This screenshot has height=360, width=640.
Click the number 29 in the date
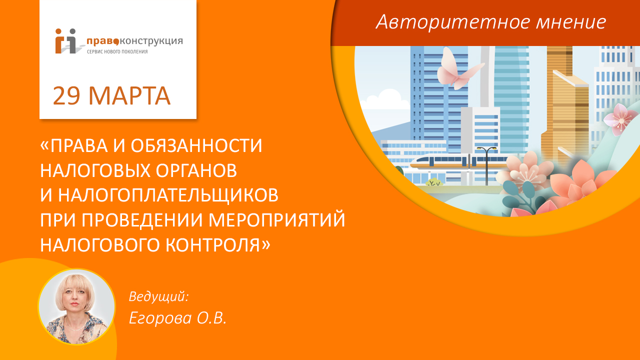click(66, 96)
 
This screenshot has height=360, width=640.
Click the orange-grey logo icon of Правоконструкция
click(67, 40)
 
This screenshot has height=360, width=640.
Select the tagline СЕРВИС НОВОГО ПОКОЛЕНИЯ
click(117, 51)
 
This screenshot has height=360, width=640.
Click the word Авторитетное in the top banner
click(435, 21)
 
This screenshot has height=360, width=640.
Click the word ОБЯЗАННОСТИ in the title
click(196, 145)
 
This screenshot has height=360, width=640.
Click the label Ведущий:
click(158, 296)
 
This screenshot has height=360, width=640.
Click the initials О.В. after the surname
click(210, 317)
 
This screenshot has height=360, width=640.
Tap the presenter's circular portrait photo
click(76, 306)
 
